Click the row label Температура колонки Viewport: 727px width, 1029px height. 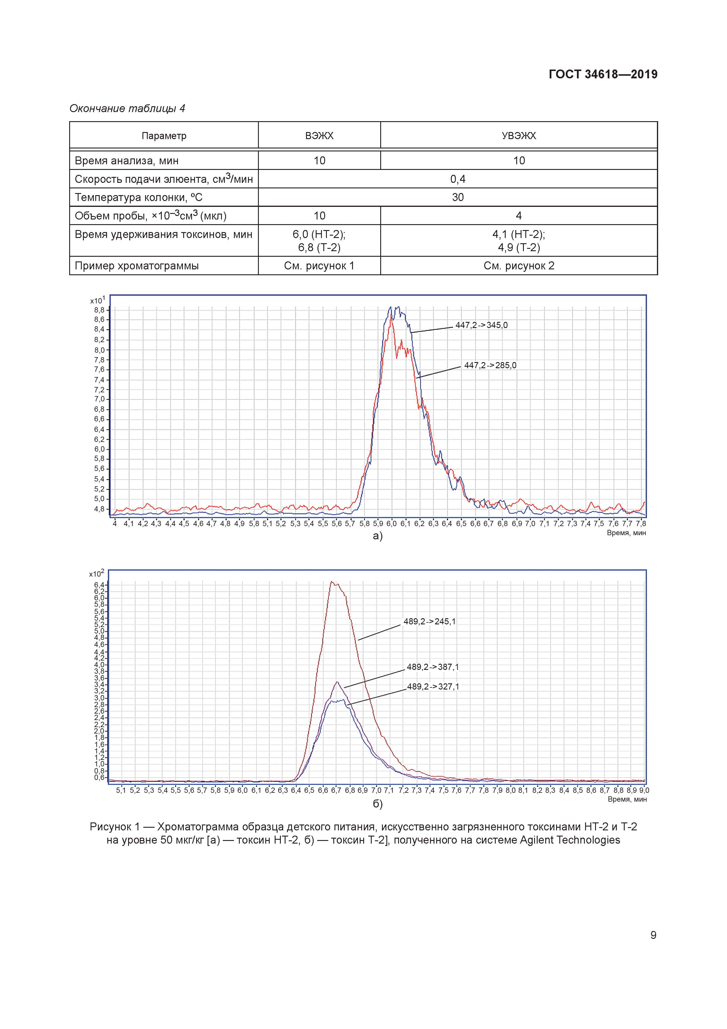pos(138,197)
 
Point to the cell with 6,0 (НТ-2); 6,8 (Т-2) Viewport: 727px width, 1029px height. pos(319,241)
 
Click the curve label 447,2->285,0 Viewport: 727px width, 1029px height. pos(490,365)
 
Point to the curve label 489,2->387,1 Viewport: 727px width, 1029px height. pos(432,667)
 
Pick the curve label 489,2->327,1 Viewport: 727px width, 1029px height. pos(432,687)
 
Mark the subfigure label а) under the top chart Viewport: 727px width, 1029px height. pos(377,536)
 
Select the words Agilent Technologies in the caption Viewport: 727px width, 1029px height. pos(570,840)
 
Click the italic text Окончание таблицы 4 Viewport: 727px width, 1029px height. pos(127,109)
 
